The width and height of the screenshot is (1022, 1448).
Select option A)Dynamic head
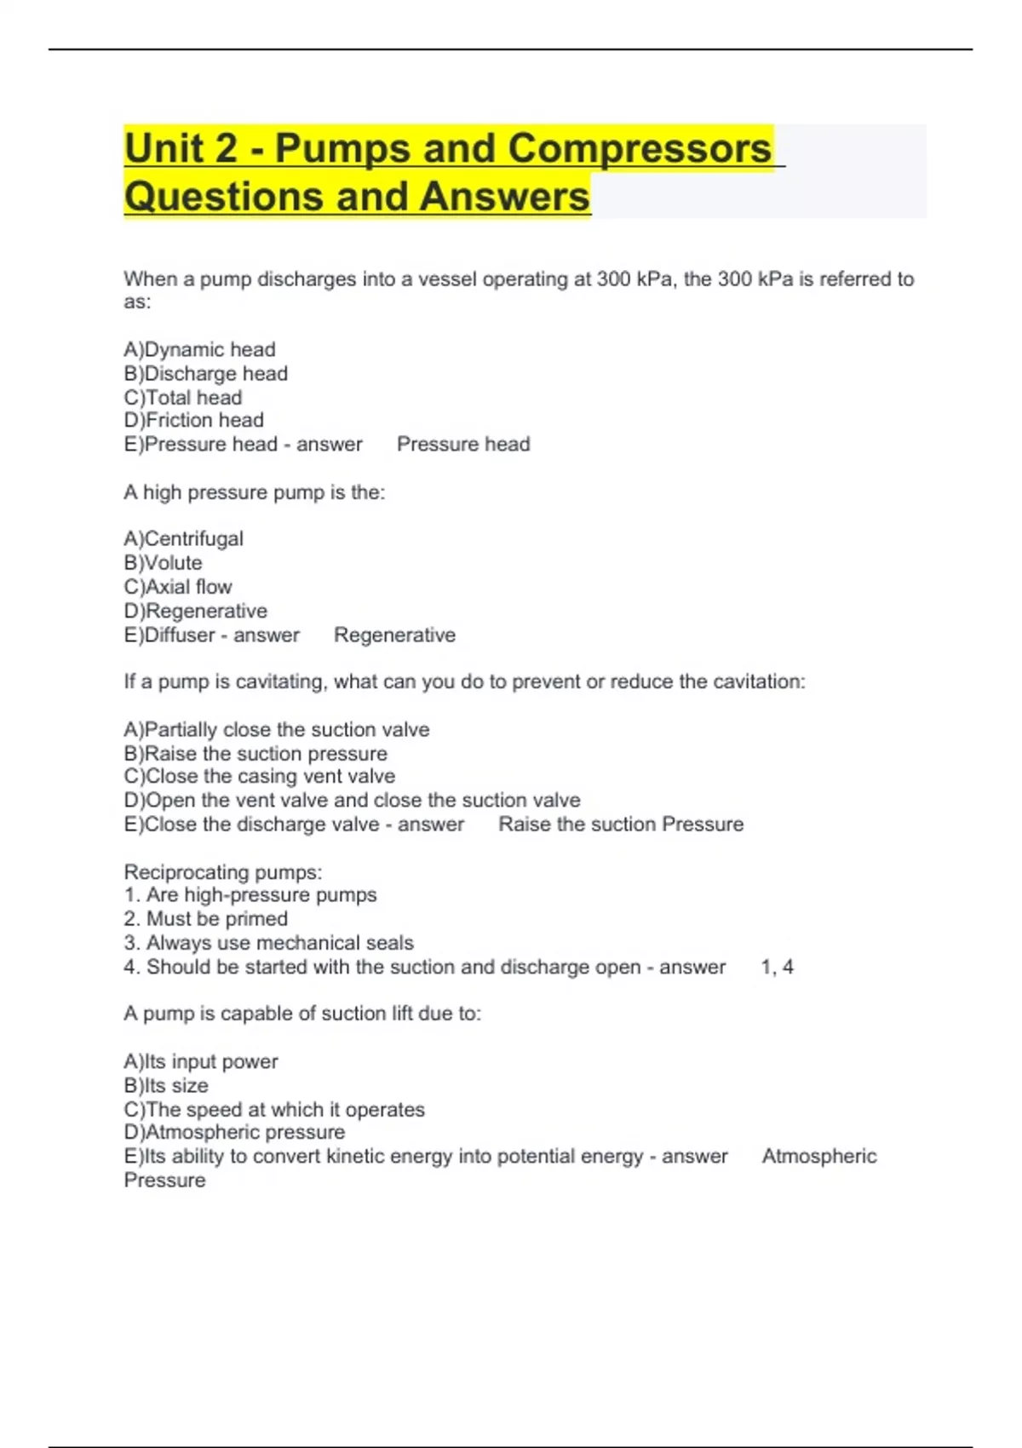tap(199, 349)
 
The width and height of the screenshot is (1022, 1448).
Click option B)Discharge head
tap(205, 373)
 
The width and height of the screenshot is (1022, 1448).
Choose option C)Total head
tap(182, 397)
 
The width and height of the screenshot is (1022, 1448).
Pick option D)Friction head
tap(193, 420)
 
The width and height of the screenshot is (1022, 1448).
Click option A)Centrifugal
tap(183, 538)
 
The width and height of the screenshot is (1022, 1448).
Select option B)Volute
tap(163, 562)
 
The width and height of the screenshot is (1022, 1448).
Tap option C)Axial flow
tap(177, 587)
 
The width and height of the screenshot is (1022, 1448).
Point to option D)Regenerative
tap(195, 611)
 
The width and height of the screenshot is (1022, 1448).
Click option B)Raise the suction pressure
tap(255, 753)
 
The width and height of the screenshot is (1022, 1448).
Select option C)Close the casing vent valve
tap(259, 776)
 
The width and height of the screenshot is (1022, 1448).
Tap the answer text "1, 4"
tap(777, 967)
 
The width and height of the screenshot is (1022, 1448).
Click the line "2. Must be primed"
tap(205, 918)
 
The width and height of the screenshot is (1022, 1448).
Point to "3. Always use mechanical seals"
tap(268, 943)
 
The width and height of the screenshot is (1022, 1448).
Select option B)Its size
tap(165, 1085)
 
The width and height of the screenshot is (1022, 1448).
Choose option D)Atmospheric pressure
tap(234, 1132)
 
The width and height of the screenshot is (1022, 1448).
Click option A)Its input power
tap(200, 1061)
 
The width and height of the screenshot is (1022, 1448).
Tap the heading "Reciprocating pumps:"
tap(223, 871)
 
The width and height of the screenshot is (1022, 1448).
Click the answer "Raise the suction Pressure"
tap(621, 824)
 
